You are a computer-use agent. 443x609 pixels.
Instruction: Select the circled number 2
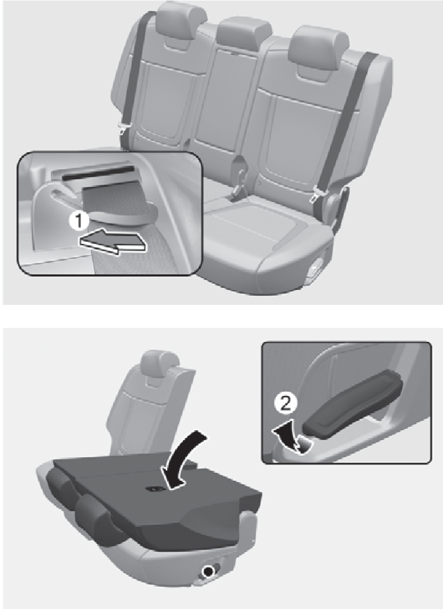(x=285, y=404)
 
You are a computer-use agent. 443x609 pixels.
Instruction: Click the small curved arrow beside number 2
(x=289, y=437)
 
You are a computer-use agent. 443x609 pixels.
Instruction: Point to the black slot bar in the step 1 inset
(x=97, y=171)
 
